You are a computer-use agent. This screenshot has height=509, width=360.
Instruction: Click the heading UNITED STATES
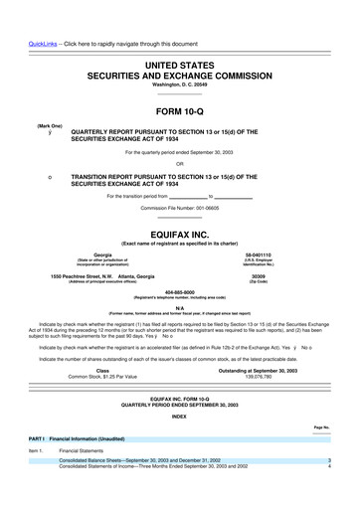[179, 35]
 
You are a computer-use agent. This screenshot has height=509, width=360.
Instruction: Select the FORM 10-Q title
[179, 84]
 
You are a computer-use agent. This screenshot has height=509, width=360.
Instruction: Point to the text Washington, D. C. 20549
[179, 58]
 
